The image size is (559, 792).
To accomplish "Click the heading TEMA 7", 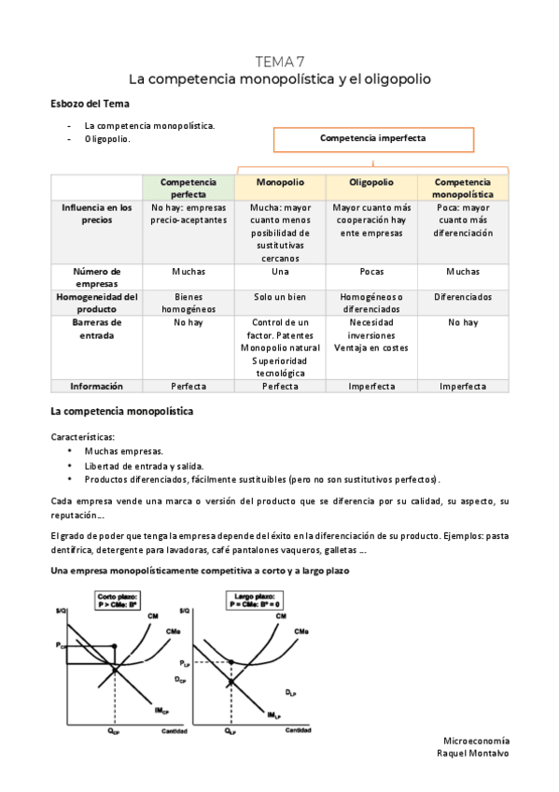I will tap(279, 62).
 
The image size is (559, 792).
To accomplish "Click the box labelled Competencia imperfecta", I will tap(372, 138).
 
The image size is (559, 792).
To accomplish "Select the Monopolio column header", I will tap(279, 182).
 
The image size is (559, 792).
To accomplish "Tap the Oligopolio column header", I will tap(370, 182).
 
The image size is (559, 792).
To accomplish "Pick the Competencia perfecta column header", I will tap(189, 188).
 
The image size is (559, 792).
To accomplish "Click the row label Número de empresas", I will tap(96, 277).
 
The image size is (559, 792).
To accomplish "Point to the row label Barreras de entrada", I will tap(96, 328).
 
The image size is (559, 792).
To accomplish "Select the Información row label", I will tap(96, 386).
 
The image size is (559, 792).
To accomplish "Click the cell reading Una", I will tap(279, 272).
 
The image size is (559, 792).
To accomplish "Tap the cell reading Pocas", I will tap(370, 272).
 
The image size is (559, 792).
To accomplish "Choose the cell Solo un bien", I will tap(279, 297).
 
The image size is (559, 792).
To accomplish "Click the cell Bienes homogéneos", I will tap(189, 303).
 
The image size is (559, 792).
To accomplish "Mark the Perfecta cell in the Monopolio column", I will tap(279, 386).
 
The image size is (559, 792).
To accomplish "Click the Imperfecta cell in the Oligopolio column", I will tap(370, 386).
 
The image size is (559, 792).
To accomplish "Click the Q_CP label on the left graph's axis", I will tap(113, 732).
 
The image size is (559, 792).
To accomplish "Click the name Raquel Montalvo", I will tap(472, 753).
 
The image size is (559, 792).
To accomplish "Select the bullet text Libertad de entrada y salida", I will tap(143, 465).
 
